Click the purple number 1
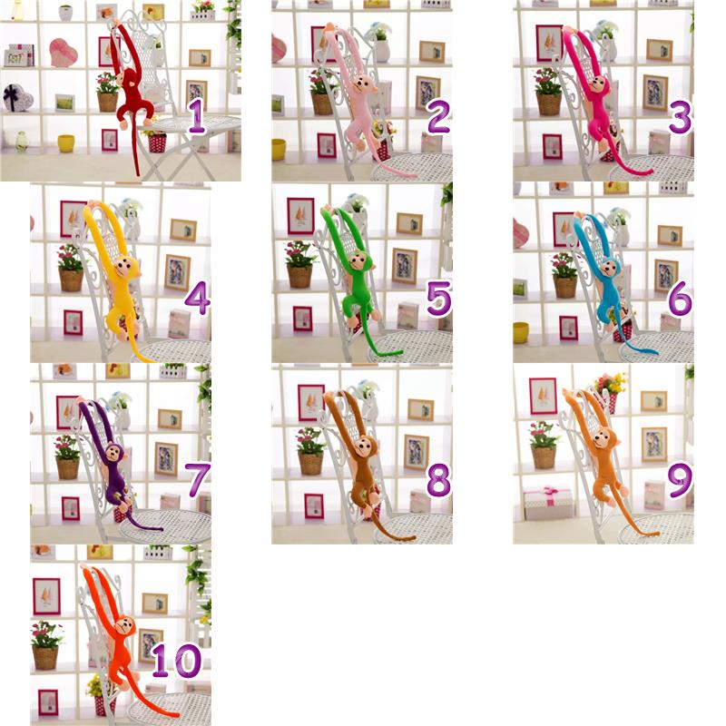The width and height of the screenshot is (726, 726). click(197, 117)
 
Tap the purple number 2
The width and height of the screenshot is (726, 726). click(438, 117)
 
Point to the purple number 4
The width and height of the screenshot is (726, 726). click(198, 298)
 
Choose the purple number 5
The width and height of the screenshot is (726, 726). click(438, 299)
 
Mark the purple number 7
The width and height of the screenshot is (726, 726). click(198, 480)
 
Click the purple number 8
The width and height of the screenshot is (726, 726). click(438, 480)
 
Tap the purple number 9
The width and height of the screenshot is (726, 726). click(681, 480)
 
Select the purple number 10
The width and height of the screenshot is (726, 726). click(176, 661)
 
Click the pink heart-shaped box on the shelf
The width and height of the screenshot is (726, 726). click(63, 53)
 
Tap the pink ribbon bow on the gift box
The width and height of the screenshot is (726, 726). click(550, 492)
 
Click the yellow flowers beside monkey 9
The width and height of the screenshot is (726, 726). click(611, 383)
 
